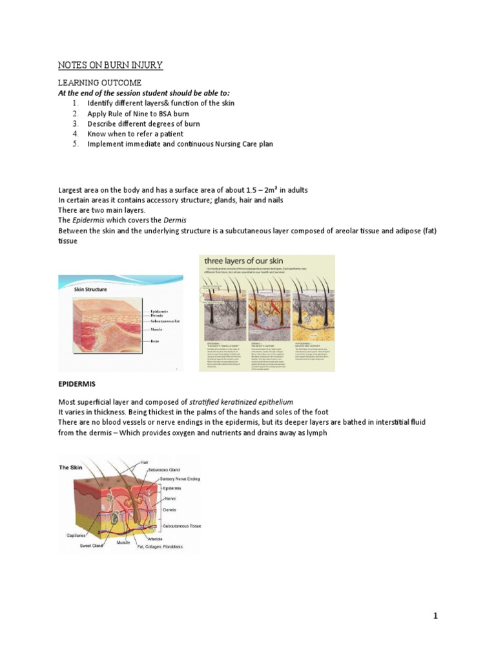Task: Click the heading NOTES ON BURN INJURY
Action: [x=110, y=65]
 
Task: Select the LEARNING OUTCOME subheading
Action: [x=99, y=83]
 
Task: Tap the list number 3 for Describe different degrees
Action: [x=75, y=123]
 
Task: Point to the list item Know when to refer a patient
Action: [x=135, y=134]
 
